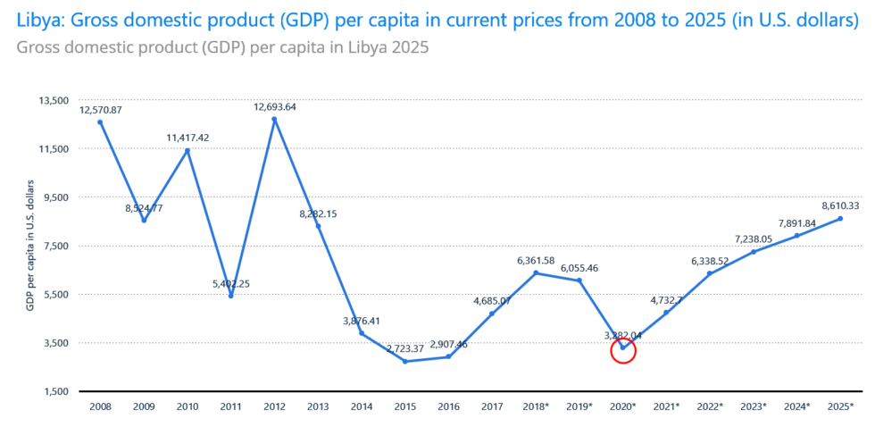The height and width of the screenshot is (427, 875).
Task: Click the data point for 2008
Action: point(100,122)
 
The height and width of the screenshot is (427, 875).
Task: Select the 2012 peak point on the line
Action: point(274,119)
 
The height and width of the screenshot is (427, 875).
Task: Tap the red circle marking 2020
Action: point(623,350)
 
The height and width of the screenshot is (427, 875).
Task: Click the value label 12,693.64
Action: point(275,106)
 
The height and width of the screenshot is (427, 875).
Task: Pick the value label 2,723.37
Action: point(407,348)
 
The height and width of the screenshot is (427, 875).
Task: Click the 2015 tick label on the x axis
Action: point(405,406)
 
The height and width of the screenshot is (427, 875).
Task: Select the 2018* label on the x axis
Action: point(537,406)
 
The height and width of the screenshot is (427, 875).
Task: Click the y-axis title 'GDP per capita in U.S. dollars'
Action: point(29,246)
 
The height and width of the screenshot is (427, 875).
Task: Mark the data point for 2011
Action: point(230,296)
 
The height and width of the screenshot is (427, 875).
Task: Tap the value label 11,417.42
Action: point(187,138)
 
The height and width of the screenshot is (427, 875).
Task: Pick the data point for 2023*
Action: point(754,252)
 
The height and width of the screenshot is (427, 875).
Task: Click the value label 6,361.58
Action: point(537,260)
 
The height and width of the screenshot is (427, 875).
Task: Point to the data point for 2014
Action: point(362,333)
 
